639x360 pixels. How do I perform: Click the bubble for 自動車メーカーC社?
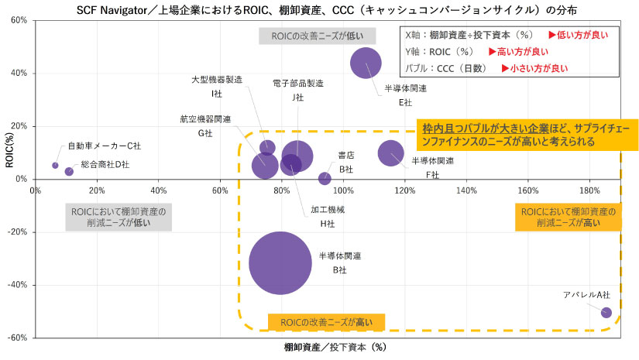[55, 165]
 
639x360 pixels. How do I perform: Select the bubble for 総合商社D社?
[69, 172]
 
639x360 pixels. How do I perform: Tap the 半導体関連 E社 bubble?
[366, 63]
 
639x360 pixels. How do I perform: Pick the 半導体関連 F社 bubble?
[390, 153]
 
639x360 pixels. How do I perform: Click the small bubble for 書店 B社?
[325, 179]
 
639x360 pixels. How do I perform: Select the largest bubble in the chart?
[280, 263]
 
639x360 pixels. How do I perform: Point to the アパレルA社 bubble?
[606, 313]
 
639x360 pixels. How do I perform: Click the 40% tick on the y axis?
[19, 74]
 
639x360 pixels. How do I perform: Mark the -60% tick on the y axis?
[18, 338]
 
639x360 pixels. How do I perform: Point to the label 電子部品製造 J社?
[298, 90]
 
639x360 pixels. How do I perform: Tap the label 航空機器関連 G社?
[205, 126]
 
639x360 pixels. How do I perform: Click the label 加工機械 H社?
[328, 216]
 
